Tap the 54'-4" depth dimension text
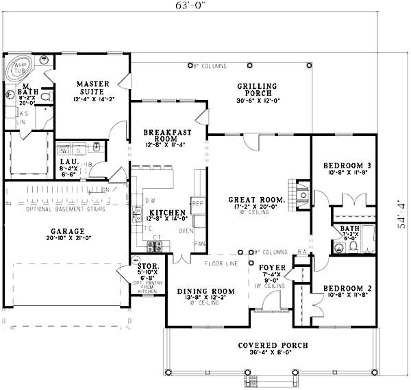[x=403, y=212]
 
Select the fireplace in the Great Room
[x=301, y=194]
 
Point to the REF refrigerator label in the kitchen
[x=197, y=203]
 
